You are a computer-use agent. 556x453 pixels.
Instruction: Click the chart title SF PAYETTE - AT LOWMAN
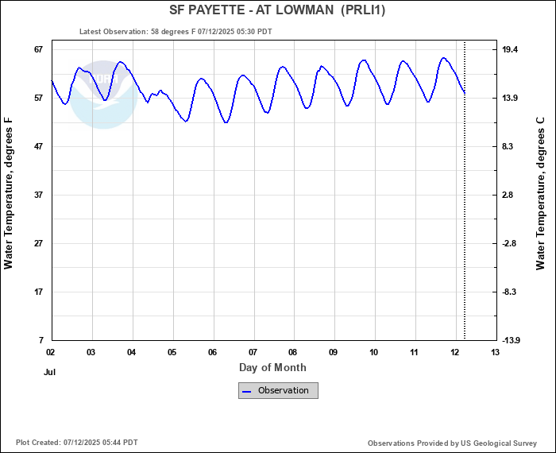point(278,10)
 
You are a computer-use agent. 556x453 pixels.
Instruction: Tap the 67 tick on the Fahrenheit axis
point(37,49)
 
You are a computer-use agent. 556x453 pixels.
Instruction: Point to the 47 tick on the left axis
point(37,146)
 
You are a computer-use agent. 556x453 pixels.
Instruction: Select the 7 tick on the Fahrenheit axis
point(40,340)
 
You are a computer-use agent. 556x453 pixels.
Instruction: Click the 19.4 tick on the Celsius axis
point(510,49)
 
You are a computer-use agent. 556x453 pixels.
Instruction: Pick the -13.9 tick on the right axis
point(512,340)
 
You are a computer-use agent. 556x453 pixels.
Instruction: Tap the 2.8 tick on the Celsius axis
point(508,195)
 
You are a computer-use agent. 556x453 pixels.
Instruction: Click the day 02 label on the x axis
point(51,352)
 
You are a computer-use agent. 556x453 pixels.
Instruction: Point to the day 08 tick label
point(293,352)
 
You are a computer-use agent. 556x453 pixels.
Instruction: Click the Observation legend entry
point(279,390)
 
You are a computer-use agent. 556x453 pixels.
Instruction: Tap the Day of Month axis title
point(272,368)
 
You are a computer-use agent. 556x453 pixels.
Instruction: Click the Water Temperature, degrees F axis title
point(10,194)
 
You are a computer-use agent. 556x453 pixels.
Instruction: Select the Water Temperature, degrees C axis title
point(541,194)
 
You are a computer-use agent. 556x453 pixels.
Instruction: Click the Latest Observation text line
point(176,32)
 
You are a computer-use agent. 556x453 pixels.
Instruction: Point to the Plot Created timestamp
point(76,442)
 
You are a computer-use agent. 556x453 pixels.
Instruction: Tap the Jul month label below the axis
point(50,371)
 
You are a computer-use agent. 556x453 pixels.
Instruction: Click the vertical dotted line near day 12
point(465,199)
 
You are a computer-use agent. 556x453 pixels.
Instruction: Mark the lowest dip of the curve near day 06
point(226,122)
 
